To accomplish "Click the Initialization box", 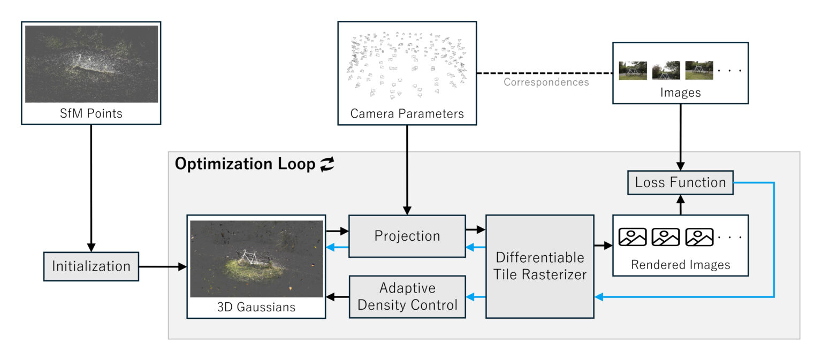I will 90,266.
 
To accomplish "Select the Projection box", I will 407,236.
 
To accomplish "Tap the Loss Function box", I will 680,182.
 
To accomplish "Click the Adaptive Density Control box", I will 407,296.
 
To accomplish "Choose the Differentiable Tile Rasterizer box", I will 539,266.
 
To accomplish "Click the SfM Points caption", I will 90,113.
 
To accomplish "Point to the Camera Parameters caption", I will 407,113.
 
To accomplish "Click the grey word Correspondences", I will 546,82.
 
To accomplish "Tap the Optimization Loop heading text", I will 245,164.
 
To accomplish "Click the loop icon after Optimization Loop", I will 326,165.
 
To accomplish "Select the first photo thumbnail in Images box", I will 633,70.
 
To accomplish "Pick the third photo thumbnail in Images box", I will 699,70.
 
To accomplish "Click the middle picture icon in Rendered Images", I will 665,237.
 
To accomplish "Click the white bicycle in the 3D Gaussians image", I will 248,258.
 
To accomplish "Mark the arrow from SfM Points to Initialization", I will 90,187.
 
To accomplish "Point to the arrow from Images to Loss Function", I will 680,136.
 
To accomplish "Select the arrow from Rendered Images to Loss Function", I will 680,204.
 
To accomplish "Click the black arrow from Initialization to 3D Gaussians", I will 162,266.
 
